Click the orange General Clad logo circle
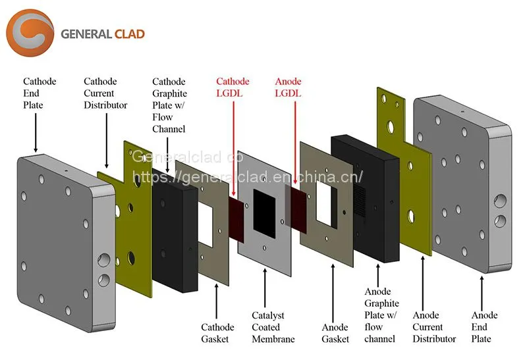(x=30, y=33)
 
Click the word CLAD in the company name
(x=129, y=34)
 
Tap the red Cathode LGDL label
(x=233, y=88)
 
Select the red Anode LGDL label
(x=288, y=88)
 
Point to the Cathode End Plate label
(x=40, y=93)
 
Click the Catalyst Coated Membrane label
(x=273, y=327)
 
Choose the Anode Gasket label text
(x=335, y=333)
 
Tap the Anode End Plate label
(x=484, y=326)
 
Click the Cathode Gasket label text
(x=217, y=333)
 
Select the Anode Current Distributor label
(x=434, y=326)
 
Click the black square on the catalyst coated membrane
(x=264, y=214)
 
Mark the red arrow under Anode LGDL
(x=295, y=143)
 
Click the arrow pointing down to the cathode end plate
(x=36, y=133)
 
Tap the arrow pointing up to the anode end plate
(x=482, y=294)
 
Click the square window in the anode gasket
(x=326, y=205)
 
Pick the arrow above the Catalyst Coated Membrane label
(x=265, y=288)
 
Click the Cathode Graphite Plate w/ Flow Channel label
(x=169, y=105)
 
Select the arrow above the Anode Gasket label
(x=333, y=293)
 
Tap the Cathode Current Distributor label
(x=105, y=93)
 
